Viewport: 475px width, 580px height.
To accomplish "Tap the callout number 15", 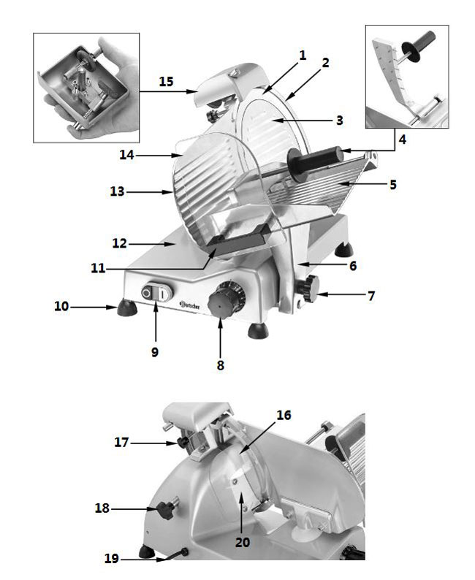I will click(x=166, y=81).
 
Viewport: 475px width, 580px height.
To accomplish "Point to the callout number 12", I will click(x=120, y=243).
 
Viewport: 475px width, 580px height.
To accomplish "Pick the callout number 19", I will click(x=110, y=560).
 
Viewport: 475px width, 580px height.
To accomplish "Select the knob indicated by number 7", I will click(x=312, y=289).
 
